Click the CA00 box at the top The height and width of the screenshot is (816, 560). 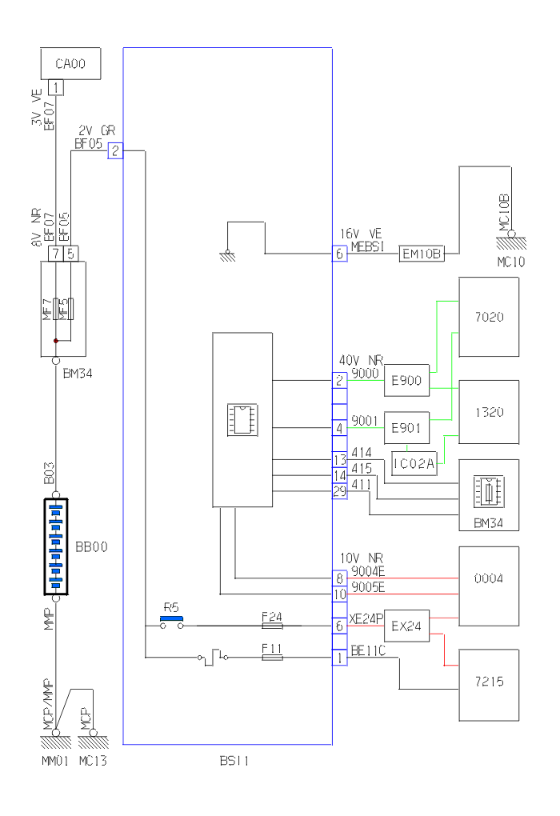(71, 63)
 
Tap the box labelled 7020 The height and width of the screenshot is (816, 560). (488, 317)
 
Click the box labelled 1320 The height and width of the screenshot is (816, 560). (488, 412)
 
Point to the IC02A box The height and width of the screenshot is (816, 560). (414, 463)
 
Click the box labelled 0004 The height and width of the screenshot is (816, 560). (488, 578)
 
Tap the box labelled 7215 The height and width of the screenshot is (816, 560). (488, 685)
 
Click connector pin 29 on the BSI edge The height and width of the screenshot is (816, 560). (340, 492)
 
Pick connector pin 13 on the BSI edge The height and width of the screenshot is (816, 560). (340, 460)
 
